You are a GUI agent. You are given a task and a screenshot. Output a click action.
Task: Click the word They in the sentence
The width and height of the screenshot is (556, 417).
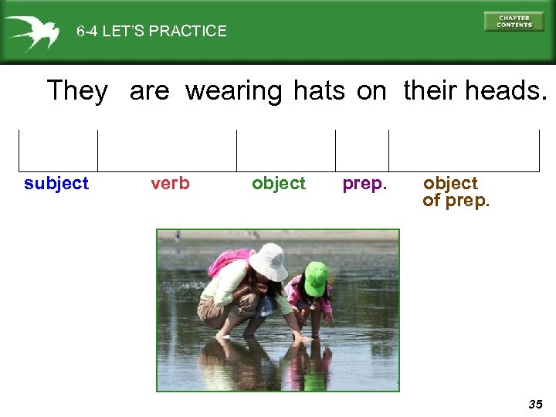tap(77, 91)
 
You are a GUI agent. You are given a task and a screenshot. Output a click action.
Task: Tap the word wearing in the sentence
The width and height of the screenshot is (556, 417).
tap(234, 92)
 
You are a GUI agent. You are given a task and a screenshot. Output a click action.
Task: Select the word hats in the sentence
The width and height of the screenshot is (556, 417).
tap(319, 91)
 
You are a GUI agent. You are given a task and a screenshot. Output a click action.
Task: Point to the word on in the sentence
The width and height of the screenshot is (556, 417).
tap(371, 92)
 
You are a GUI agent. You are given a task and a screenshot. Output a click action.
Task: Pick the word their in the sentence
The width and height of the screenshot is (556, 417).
tap(431, 91)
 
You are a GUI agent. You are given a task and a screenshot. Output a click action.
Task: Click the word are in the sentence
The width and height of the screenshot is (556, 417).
tap(149, 92)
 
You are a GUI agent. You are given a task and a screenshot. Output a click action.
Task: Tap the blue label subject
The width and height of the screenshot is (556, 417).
tap(56, 184)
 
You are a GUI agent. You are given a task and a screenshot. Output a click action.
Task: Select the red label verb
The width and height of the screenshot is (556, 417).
tap(170, 184)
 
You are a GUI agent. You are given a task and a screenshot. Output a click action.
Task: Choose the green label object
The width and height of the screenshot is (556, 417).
tap(279, 184)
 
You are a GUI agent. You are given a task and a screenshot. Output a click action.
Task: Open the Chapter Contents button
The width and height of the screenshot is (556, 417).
tap(514, 22)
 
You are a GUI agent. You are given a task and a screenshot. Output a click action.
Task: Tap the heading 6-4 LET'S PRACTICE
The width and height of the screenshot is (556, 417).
tap(151, 32)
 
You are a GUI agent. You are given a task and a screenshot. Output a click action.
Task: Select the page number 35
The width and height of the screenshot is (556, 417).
tap(535, 404)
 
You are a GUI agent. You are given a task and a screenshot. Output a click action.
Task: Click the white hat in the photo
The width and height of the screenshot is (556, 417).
tap(268, 261)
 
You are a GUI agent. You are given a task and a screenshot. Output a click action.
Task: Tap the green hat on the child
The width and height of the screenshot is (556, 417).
tap(315, 277)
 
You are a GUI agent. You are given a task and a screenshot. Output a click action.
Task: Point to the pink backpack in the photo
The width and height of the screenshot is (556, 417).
tap(228, 261)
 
